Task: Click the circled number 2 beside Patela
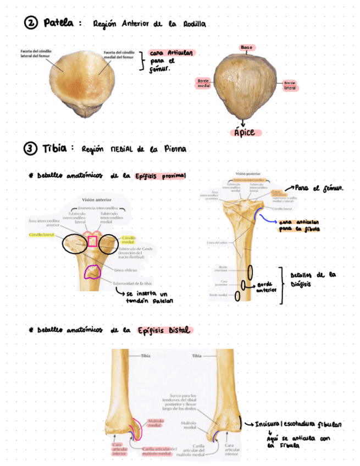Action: (31, 23)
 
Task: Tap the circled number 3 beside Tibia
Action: (31, 148)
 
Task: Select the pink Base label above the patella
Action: (246, 48)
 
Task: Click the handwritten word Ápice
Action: (245, 133)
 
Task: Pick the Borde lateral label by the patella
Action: (290, 85)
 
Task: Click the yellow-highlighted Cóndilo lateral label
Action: (42, 235)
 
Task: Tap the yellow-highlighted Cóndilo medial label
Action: (128, 240)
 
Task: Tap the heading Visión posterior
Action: (248, 172)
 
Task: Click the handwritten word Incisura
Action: (268, 424)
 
